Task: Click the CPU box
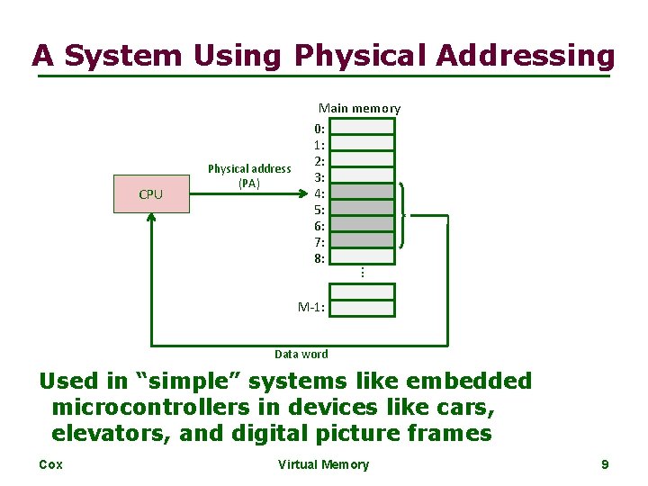point(151,194)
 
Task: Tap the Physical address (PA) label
point(249,175)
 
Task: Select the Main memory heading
point(359,108)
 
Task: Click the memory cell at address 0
point(362,126)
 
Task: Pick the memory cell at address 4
point(362,192)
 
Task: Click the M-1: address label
point(311,308)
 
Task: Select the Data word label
point(301,355)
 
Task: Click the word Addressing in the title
point(526,56)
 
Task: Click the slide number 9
point(605,464)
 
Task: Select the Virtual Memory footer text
point(323,464)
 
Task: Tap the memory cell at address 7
point(362,241)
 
